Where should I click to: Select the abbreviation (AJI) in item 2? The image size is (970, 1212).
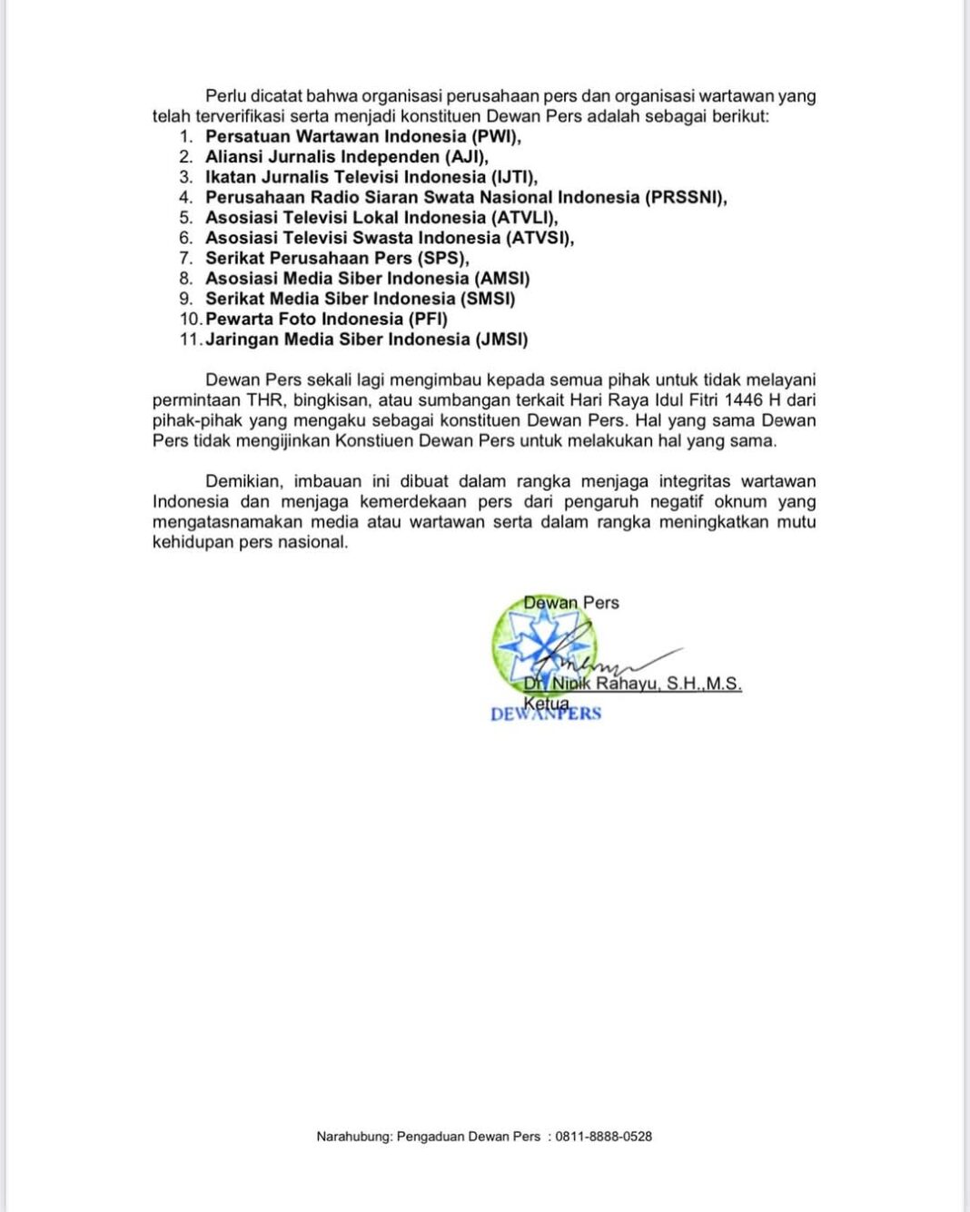(466, 157)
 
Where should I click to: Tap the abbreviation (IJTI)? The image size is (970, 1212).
(514, 177)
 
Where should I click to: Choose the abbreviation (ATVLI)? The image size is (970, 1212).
(524, 218)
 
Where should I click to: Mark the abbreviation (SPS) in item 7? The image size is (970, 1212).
(442, 258)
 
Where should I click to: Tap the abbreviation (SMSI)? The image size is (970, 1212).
(487, 299)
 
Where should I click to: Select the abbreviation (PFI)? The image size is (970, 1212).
(428, 319)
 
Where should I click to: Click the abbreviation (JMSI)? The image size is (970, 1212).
(501, 340)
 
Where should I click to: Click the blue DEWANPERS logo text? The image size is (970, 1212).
(545, 714)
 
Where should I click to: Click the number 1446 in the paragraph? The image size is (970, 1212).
(744, 400)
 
